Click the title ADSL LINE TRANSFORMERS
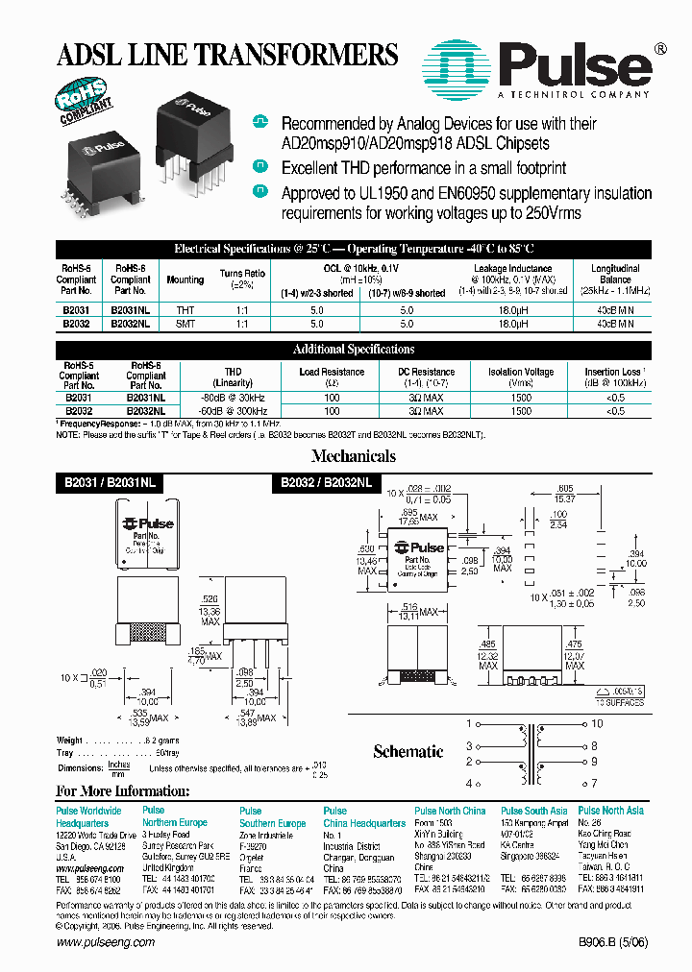228,54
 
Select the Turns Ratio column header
242,279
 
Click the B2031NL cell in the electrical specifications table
130,310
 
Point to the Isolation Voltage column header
519,377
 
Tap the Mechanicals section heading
354,456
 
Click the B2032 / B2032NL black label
328,482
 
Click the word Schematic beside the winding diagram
408,751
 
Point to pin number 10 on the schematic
596,723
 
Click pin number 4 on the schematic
469,784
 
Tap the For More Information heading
122,791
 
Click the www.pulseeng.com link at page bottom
106,943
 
